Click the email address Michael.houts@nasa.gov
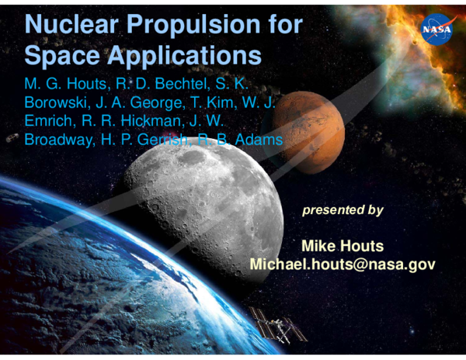pos(342,265)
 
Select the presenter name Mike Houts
pos(342,246)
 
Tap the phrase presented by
pos(342,210)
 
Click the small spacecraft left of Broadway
pos(12,137)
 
